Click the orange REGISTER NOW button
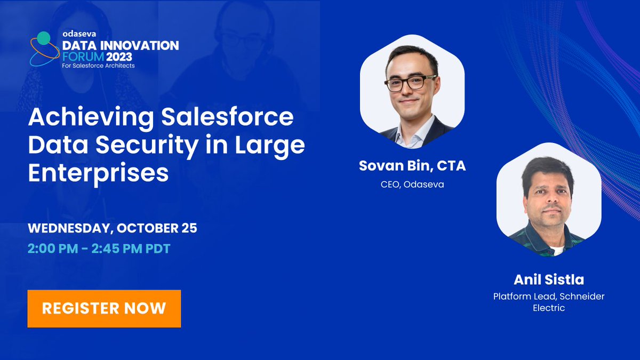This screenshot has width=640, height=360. pyautogui.click(x=104, y=308)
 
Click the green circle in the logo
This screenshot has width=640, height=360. pyautogui.click(x=44, y=38)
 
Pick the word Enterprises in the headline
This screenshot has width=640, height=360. pyautogui.click(x=98, y=173)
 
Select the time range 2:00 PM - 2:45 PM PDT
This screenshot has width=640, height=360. pyautogui.click(x=99, y=249)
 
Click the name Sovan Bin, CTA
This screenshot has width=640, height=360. pyautogui.click(x=412, y=166)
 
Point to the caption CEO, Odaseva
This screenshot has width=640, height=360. pyautogui.click(x=412, y=184)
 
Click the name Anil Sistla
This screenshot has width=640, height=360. pyautogui.click(x=549, y=279)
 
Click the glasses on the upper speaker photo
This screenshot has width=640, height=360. pyautogui.click(x=411, y=83)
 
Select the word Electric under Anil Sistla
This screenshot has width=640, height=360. pyautogui.click(x=549, y=308)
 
